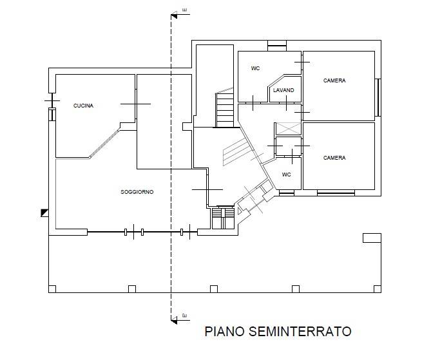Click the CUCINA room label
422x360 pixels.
pos(83,106)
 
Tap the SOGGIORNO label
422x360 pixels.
pos(137,193)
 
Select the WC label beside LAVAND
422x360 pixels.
pos(255,68)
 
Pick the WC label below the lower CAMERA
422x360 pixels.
pos(286,175)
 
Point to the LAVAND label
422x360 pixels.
pos(283,90)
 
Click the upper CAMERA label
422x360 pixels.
pos(334,81)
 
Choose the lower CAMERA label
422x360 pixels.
pos(334,158)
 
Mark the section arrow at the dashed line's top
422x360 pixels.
pos(177,12)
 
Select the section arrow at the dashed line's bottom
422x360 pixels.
pos(177,317)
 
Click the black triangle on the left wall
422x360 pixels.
pos(44,211)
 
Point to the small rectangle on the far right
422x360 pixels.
pos(372,238)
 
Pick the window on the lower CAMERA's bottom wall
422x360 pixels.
pos(336,192)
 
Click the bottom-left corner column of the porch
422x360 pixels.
pos(52,289)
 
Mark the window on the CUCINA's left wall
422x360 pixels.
pos(52,114)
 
